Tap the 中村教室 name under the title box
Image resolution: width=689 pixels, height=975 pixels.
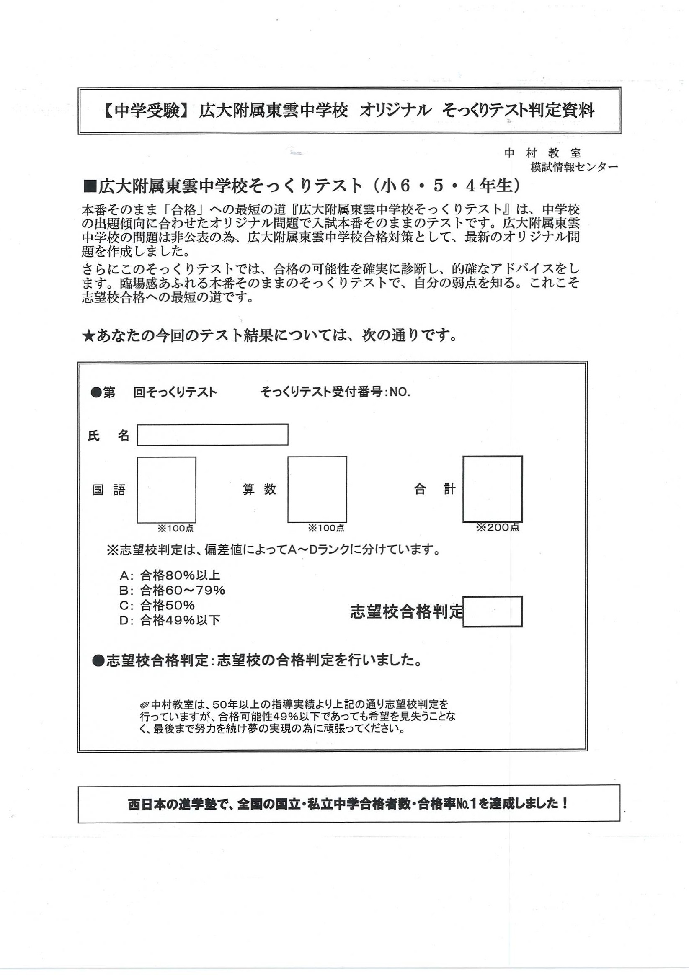point(542,153)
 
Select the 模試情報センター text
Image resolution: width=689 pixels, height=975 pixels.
point(574,167)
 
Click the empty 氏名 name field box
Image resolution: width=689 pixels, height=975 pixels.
point(212,435)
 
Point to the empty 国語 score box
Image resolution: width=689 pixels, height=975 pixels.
point(167,490)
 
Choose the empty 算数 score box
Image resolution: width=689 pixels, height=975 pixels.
point(317,489)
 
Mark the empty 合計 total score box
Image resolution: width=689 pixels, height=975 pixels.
point(492,489)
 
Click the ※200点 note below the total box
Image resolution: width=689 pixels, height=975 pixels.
point(498,527)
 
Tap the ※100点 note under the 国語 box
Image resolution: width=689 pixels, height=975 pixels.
point(175,528)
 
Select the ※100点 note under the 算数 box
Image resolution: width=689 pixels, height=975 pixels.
point(326,528)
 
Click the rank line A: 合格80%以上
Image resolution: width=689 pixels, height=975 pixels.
point(170,575)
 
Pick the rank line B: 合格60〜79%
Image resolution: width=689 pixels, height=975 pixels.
point(172,590)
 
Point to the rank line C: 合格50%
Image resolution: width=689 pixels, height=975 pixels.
point(157,605)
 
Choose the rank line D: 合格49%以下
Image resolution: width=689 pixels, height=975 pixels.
point(170,620)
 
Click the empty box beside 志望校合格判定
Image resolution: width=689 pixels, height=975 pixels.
point(492,611)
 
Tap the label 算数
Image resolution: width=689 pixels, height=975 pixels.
point(259,489)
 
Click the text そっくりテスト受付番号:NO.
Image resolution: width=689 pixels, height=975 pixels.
point(335,392)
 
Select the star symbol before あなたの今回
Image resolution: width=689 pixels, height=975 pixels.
point(88,336)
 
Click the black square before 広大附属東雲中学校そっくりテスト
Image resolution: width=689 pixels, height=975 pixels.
point(90,186)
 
